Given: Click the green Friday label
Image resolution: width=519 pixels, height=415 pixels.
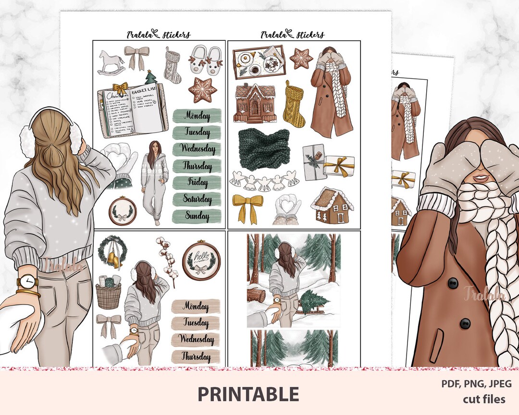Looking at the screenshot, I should point(197,183).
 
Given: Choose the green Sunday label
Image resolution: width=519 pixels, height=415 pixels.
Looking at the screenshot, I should point(197,216).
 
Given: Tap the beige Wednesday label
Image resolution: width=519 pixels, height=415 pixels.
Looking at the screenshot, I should point(196,339).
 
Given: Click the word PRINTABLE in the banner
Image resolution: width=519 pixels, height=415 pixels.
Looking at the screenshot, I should point(248,394).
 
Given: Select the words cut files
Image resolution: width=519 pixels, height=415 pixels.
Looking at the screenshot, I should point(484,399).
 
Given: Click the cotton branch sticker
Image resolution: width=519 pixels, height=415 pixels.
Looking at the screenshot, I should point(166,259).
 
